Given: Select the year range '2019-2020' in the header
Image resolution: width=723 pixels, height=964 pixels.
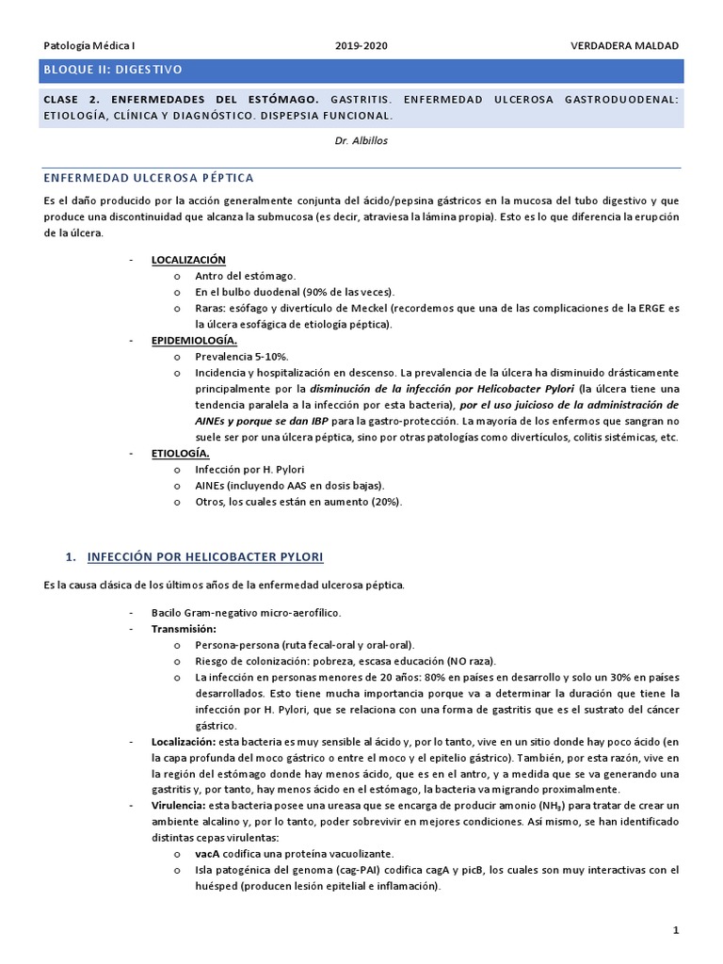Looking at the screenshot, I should click(x=361, y=45).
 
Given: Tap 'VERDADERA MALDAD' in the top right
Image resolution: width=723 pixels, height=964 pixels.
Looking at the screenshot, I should click(x=624, y=45).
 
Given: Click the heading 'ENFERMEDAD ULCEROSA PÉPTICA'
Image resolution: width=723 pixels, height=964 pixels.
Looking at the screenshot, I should click(x=149, y=178).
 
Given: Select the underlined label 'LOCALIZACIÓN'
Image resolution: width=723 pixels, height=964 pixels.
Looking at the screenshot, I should click(x=188, y=259).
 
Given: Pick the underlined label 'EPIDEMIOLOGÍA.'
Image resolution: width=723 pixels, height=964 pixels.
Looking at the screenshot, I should click(x=194, y=340).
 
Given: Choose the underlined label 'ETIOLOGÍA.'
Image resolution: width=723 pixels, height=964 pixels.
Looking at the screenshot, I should click(x=180, y=453).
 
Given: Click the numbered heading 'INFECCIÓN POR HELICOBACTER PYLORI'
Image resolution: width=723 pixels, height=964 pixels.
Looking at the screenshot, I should click(x=205, y=556).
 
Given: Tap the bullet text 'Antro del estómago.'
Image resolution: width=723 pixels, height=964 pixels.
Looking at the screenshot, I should click(x=246, y=276).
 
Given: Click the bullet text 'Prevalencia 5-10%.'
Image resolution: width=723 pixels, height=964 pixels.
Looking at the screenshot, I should click(x=242, y=357).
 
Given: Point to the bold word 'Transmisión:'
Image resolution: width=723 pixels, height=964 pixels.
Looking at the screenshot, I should click(x=184, y=628).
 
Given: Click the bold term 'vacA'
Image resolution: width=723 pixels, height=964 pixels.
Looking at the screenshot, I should click(x=207, y=854).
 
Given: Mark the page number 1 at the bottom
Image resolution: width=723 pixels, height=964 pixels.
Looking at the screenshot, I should click(x=676, y=931).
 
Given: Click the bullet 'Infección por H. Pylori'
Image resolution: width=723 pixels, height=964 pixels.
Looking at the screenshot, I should click(x=249, y=469).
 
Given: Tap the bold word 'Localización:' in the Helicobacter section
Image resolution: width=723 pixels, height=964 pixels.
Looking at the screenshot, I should click(x=184, y=742).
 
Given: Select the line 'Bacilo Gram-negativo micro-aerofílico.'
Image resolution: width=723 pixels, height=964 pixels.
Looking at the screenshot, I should click(x=247, y=612).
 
